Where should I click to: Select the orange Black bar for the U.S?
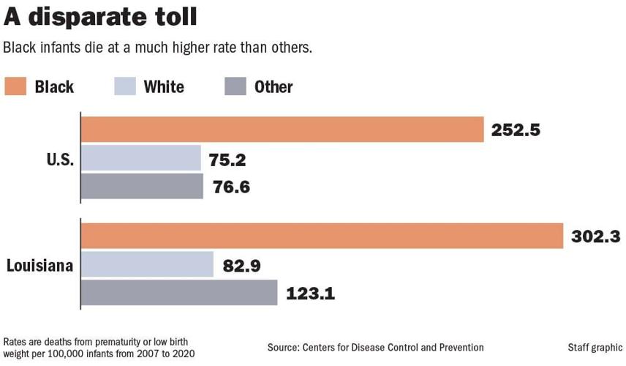click(x=282, y=130)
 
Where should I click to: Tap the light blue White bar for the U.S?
click(x=140, y=158)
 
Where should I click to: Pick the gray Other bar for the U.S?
click(x=141, y=186)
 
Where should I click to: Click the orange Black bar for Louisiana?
click(x=322, y=236)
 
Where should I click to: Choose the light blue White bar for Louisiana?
click(x=146, y=264)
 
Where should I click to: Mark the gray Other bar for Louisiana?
click(x=178, y=293)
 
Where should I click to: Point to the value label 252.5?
click(x=516, y=130)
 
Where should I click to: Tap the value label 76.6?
click(x=230, y=187)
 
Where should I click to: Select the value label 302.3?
click(x=595, y=236)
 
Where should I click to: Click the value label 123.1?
click(x=310, y=294)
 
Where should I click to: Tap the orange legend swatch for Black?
click(x=15, y=86)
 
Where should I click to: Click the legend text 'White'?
click(x=164, y=87)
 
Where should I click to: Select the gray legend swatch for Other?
click(x=235, y=86)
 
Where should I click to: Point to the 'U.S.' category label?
click(x=57, y=159)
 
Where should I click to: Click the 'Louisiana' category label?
click(x=39, y=265)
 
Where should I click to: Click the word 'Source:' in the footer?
click(x=286, y=347)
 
